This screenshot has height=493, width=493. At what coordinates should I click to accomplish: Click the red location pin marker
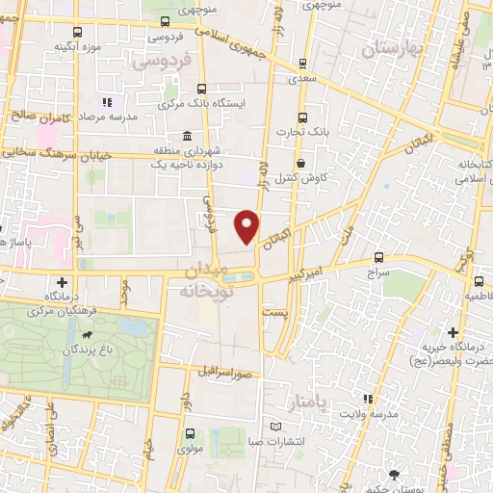tap(248, 225)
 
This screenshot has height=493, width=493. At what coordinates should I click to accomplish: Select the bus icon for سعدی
tap(303, 64)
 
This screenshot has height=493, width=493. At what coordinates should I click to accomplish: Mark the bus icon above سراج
tap(377, 258)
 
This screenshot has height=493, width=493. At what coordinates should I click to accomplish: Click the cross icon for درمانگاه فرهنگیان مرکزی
tap(63, 282)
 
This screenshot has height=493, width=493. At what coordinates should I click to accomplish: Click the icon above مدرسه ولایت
tap(366, 398)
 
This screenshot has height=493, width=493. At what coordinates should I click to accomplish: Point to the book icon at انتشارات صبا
tap(276, 427)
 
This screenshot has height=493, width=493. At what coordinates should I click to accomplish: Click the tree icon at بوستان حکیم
tap(393, 474)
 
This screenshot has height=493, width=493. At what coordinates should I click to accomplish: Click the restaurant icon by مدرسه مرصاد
tap(108, 100)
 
